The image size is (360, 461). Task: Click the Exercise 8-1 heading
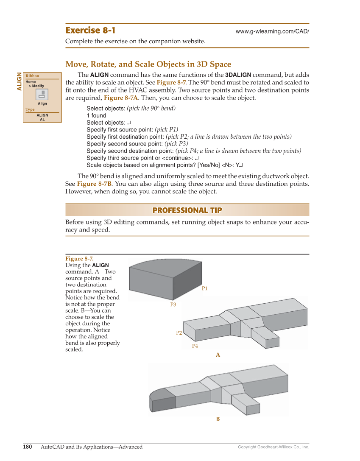(x=90, y=31)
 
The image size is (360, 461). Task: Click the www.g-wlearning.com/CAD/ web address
(x=272, y=32)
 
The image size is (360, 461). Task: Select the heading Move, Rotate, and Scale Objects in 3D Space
(x=148, y=64)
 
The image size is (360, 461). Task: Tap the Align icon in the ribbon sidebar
(x=42, y=95)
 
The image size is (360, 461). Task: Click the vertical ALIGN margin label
(x=19, y=81)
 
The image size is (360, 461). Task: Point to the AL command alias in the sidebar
(x=42, y=119)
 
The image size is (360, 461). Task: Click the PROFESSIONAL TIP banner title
(x=187, y=210)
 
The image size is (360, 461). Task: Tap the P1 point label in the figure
(x=204, y=288)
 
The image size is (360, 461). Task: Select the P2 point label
(x=179, y=333)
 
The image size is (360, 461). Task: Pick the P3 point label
(x=173, y=305)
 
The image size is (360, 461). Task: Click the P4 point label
(x=195, y=346)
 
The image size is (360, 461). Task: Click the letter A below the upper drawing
(x=218, y=355)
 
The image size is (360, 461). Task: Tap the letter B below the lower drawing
(x=218, y=419)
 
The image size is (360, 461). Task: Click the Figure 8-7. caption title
(x=79, y=259)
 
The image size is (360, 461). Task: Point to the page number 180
(x=27, y=447)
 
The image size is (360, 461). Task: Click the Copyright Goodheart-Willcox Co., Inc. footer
(x=273, y=447)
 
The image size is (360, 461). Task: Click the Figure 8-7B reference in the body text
(x=94, y=184)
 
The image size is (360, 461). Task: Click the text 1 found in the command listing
(x=96, y=115)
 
